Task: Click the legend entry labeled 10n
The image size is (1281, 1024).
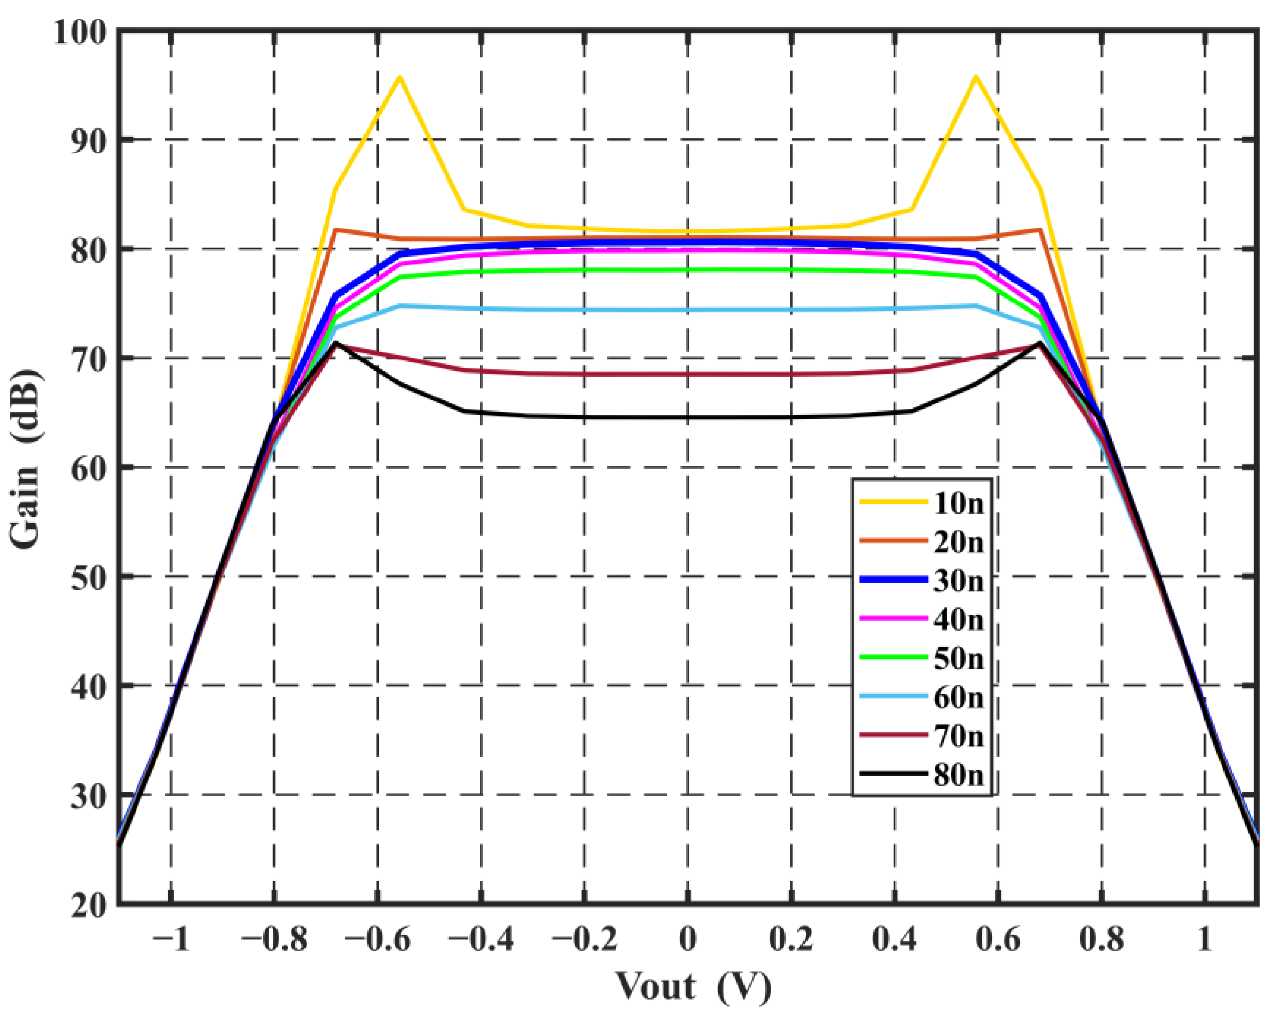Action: click(x=958, y=504)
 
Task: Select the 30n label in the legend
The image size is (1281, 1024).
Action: click(x=958, y=581)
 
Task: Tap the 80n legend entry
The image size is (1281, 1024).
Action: click(x=958, y=775)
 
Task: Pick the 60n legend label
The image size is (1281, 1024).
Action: click(x=958, y=697)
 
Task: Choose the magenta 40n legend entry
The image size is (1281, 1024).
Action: click(x=958, y=620)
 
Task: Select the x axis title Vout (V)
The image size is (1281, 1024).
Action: click(x=693, y=987)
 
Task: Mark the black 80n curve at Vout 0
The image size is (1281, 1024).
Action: click(x=688, y=417)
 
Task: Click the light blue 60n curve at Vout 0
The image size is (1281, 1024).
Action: click(x=688, y=310)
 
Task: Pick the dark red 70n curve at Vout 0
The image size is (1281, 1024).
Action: click(x=688, y=374)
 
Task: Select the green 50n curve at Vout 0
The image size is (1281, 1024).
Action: click(x=688, y=271)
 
